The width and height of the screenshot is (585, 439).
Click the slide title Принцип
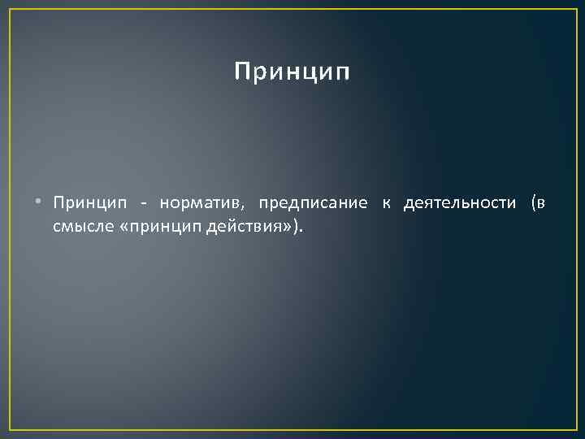292,72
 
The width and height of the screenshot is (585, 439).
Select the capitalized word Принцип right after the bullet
85,203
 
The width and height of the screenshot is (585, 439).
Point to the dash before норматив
143,203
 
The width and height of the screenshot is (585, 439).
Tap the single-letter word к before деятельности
386,203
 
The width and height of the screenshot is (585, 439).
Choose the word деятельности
459,203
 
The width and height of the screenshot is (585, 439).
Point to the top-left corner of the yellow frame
9,9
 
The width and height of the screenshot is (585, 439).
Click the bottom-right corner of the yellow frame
575,429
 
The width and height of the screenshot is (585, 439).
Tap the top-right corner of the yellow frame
575,9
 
